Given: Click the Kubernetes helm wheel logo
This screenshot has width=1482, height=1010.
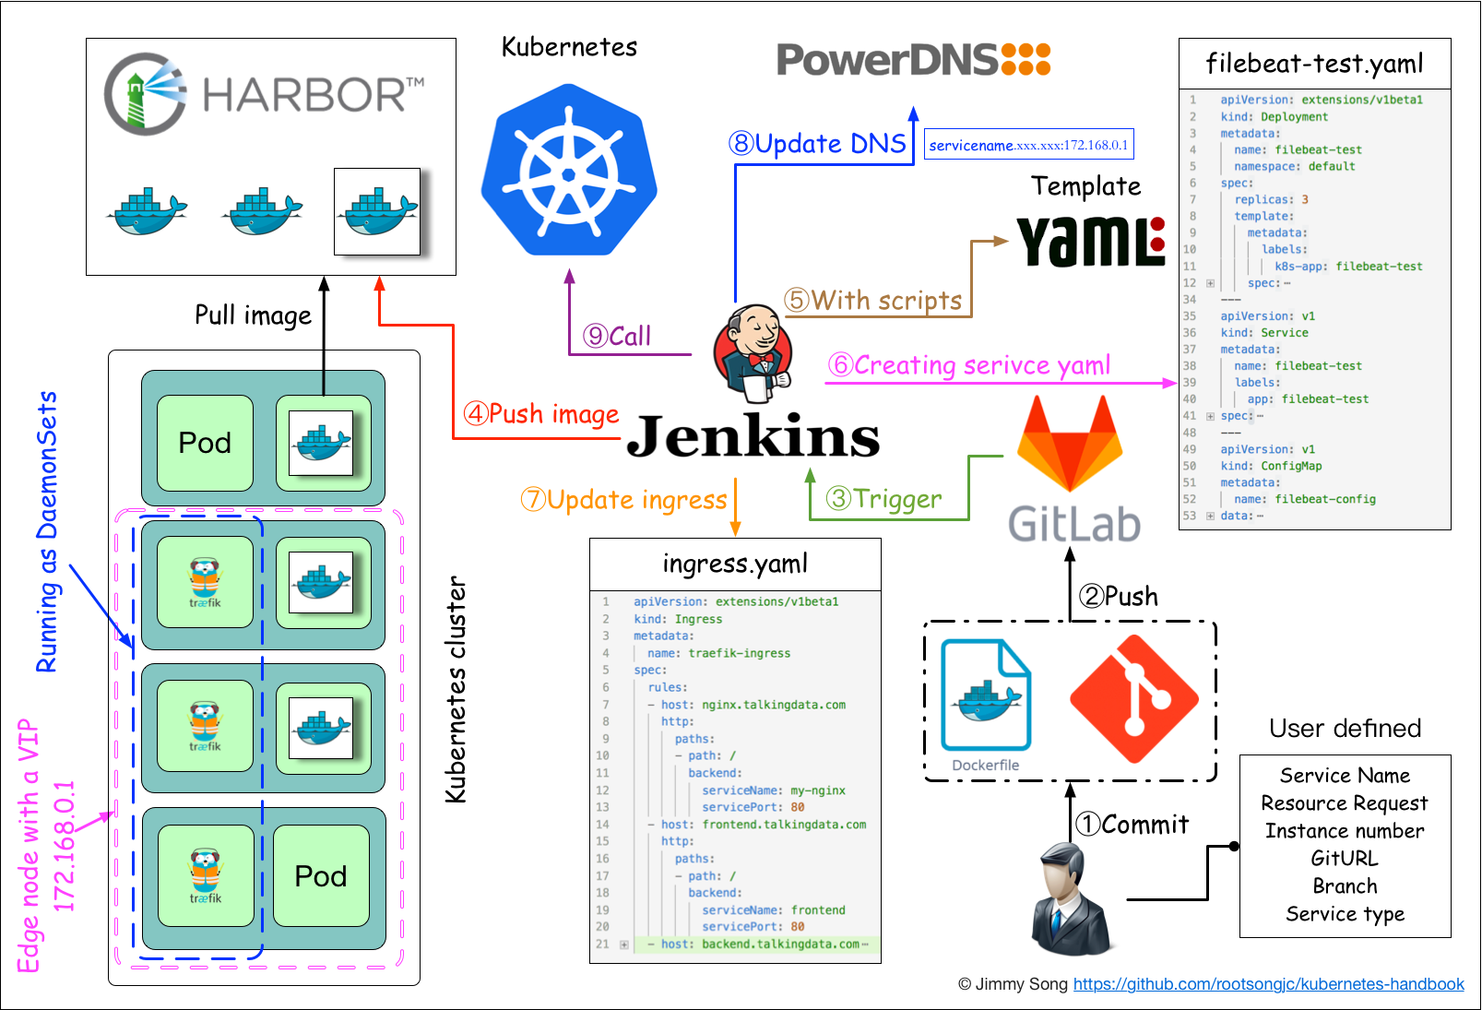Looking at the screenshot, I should (569, 172).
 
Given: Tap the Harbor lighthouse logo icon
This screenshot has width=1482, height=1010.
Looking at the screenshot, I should (144, 94).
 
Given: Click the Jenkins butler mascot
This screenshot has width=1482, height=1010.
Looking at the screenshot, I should (753, 352).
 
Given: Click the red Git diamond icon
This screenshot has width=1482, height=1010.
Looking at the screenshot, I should (1134, 698).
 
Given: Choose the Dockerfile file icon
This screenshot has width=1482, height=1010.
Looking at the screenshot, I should (986, 696).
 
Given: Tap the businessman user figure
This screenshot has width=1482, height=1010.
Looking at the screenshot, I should (1070, 900).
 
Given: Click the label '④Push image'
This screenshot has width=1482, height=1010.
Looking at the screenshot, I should (541, 414).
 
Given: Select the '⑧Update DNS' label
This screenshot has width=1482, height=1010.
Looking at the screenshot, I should (818, 144).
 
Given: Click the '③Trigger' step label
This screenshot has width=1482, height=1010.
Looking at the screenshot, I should (884, 499).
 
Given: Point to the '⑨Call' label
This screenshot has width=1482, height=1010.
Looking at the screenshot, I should (617, 337).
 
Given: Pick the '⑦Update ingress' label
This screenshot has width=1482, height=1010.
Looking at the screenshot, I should (624, 500).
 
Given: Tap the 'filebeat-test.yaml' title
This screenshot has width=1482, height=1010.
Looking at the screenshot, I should (1314, 64).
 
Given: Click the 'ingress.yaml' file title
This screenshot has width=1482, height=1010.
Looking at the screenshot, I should (735, 564).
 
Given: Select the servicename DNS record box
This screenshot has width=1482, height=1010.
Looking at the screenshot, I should (1028, 145).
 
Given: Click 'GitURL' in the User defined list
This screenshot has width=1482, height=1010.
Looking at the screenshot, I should (1345, 859).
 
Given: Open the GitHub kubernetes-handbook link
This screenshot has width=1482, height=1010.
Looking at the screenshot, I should (1268, 984).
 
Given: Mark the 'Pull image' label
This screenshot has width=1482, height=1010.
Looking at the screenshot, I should (253, 315).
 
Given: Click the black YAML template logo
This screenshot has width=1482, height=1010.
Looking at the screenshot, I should (1090, 242).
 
